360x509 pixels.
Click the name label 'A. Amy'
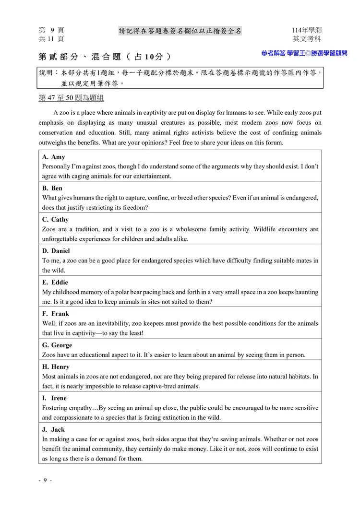53,157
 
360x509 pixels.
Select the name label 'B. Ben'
52,188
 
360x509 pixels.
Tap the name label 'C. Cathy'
55,220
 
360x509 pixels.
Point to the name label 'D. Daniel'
56,251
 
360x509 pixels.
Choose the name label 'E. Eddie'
55,282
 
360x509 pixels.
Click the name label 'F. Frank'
55,314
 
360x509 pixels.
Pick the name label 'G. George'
57,345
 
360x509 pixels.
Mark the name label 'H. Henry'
56,367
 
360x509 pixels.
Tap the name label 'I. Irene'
54,398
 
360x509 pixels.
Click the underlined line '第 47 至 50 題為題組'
71,98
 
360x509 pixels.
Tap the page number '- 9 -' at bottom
45,481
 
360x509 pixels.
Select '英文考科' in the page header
307,39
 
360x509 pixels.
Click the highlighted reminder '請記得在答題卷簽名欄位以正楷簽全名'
180,31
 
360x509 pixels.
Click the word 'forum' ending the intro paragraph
274,142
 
